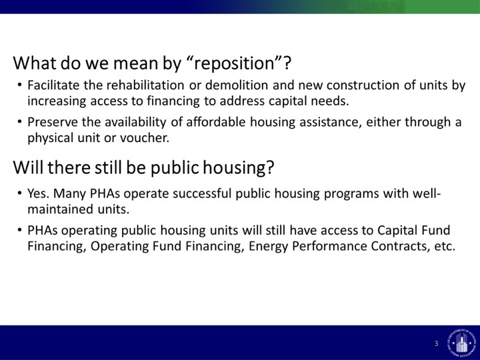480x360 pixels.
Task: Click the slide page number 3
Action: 436,343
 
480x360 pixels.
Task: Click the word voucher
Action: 145,138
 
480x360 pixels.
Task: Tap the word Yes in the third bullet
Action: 38,193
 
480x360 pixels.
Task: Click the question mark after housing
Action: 270,168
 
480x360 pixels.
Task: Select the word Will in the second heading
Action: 28,168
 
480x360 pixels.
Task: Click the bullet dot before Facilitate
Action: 19,85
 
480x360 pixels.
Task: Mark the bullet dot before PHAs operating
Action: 19,230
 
